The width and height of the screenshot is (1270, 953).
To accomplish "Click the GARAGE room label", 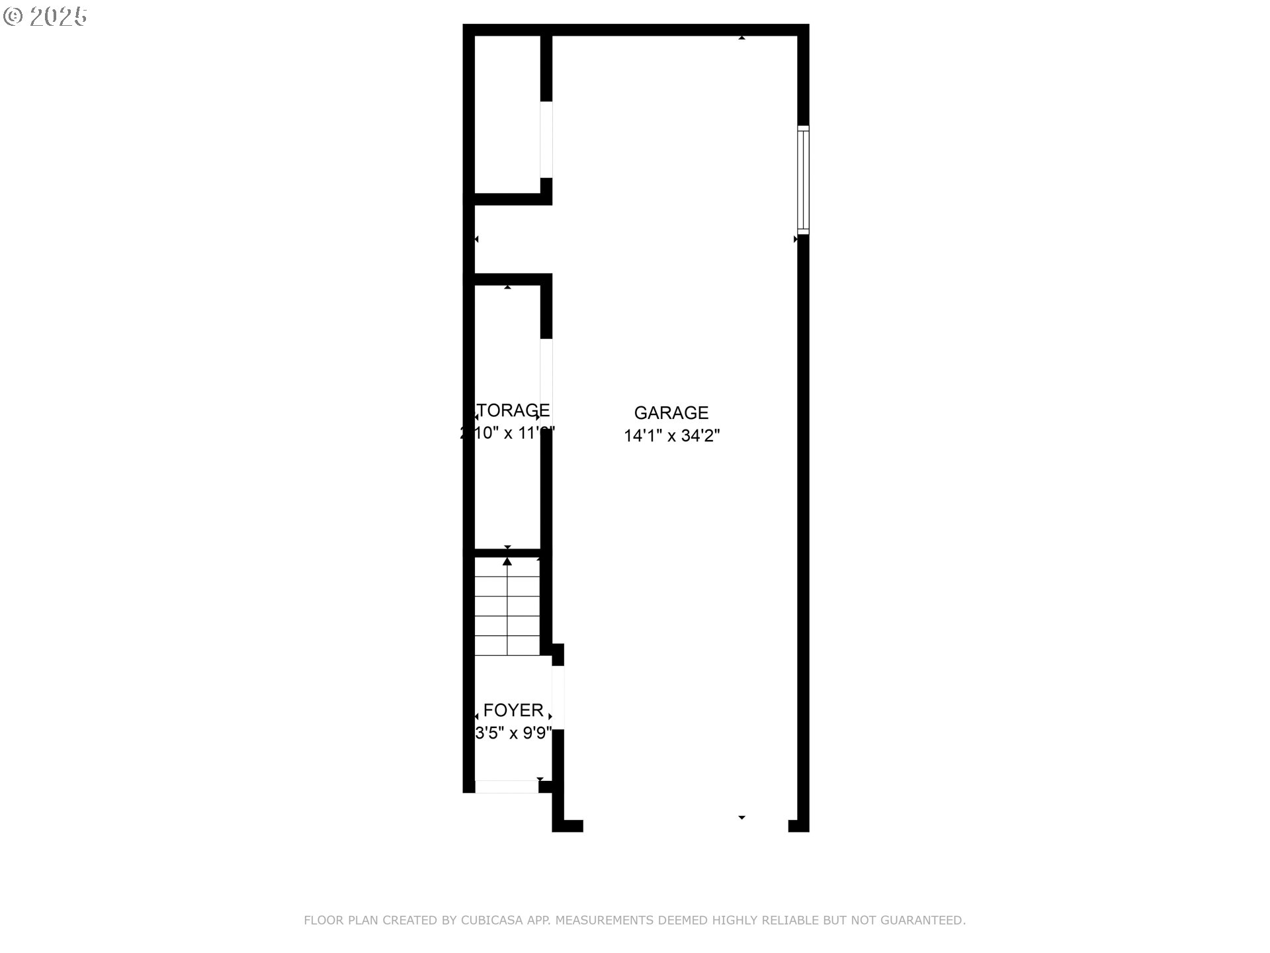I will [671, 413].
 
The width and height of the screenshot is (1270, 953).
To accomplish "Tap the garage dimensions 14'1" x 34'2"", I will [671, 436].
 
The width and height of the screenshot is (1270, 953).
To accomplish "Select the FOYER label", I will [513, 711].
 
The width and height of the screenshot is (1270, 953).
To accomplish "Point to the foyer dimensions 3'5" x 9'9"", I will [513, 733].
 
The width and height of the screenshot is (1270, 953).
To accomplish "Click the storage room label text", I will [513, 411].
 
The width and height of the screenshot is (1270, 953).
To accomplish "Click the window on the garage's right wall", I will [803, 180].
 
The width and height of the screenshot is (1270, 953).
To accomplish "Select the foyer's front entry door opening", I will [507, 787].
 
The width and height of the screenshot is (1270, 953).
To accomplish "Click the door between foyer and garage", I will [558, 698].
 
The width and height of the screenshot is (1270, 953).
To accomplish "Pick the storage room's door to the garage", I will [546, 384].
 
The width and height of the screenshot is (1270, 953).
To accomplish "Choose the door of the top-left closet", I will [546, 140].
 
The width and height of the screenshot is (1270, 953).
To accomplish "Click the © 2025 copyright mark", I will [45, 17].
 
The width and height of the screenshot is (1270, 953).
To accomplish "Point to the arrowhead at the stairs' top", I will [507, 562].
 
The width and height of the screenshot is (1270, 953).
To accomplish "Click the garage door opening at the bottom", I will [685, 826].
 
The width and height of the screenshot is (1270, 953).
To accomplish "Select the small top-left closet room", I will [507, 114].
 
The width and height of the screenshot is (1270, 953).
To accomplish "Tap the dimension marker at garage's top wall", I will [741, 38].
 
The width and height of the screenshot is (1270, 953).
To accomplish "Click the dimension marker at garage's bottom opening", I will [741, 818].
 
